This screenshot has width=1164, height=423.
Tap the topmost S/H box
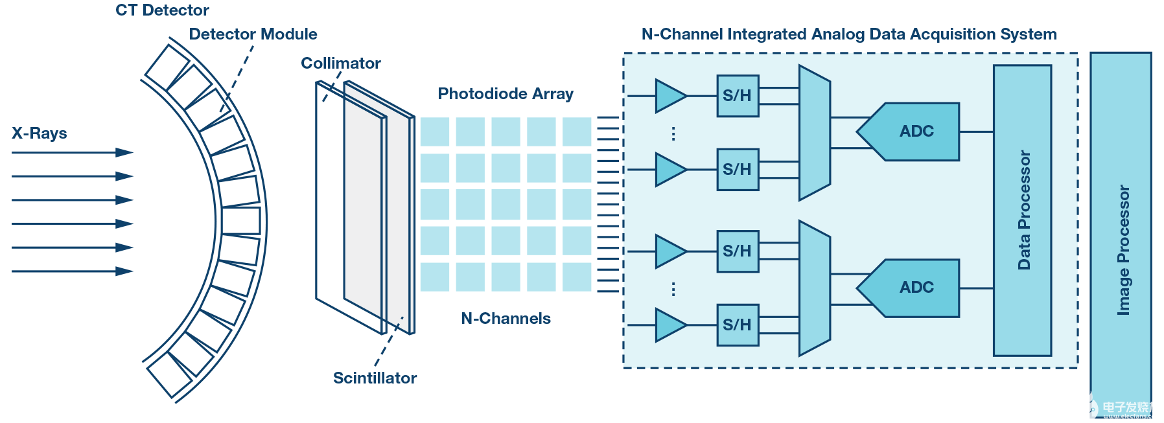pos(738,96)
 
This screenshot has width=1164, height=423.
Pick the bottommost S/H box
pos(738,325)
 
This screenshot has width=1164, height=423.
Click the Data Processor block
pos(1022,211)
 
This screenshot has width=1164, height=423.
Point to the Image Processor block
pos(1121,233)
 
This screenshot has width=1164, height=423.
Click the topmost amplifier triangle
pos(669,96)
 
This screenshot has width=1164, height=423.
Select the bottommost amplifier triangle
pos(669,325)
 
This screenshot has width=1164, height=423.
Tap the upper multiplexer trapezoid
pos(814,133)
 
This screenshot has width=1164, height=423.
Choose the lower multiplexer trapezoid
pos(814,288)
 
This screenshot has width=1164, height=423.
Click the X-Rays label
pos(40,133)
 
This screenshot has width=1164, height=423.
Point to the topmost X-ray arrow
pos(71,153)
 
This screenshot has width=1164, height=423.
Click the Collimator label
pos(340,63)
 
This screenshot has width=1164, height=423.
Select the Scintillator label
pos(375,378)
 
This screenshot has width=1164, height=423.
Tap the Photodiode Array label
pos(506,94)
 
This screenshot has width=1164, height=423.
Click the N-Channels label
pos(506,319)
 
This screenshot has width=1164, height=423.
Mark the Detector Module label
pos(253,34)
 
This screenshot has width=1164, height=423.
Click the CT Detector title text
pos(162,10)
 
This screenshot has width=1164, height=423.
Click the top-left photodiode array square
pos(434,131)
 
